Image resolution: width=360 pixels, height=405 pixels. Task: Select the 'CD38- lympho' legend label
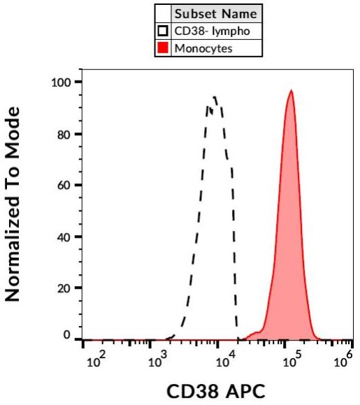(210, 31)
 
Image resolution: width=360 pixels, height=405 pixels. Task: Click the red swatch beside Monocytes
(163, 49)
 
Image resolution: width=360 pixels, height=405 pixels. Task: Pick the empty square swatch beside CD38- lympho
(163, 31)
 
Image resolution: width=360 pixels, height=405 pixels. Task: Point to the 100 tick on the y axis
(62, 83)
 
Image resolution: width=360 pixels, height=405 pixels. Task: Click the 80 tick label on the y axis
(66, 134)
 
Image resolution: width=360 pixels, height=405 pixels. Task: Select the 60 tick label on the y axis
(66, 185)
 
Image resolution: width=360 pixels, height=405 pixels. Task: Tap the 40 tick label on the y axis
(66, 236)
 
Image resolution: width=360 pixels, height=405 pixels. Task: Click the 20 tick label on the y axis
(66, 288)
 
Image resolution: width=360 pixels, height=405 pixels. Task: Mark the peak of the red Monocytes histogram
(291, 91)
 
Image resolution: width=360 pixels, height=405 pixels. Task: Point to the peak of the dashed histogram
(215, 97)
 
